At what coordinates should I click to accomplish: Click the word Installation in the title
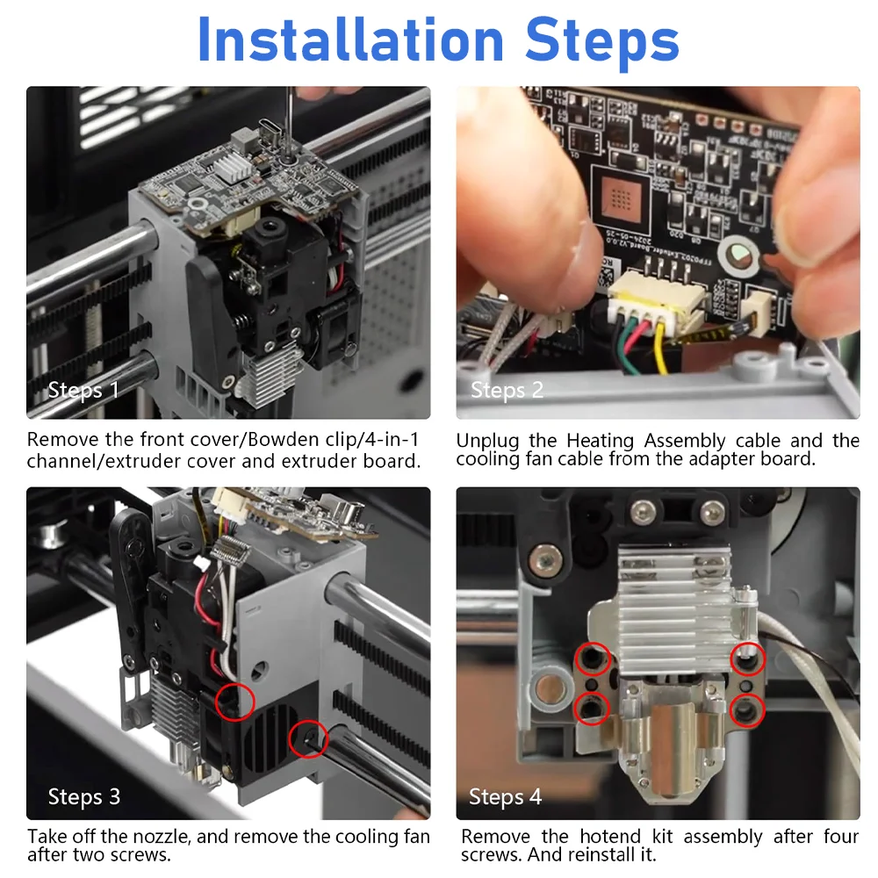pyautogui.click(x=351, y=40)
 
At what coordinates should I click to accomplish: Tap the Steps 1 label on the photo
pyautogui.click(x=83, y=390)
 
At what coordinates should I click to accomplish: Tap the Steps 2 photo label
pyautogui.click(x=507, y=390)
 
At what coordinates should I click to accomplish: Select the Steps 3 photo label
pyautogui.click(x=84, y=796)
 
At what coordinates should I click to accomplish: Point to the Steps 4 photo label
pyautogui.click(x=505, y=796)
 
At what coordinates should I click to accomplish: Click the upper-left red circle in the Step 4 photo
pyautogui.click(x=593, y=659)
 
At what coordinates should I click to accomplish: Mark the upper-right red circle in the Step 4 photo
pyautogui.click(x=748, y=658)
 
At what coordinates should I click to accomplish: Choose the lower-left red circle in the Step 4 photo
pyautogui.click(x=592, y=709)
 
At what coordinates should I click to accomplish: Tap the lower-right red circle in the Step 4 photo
pyautogui.click(x=747, y=710)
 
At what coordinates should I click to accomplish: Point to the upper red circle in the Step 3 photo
pyautogui.click(x=235, y=701)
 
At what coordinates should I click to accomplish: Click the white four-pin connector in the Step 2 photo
pyautogui.click(x=656, y=306)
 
